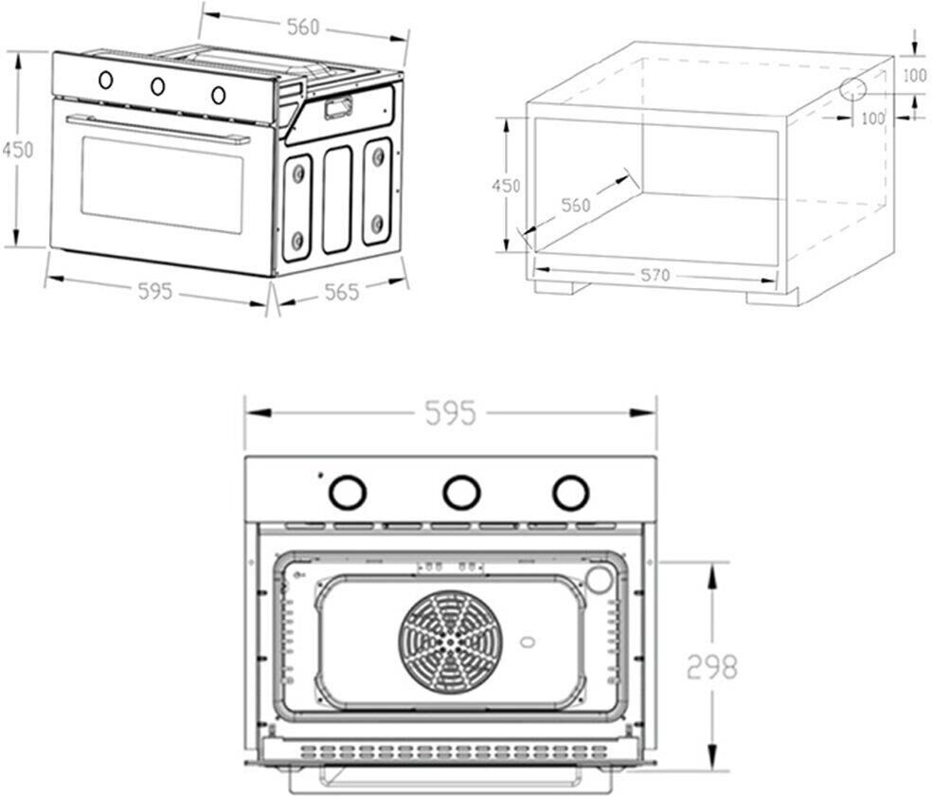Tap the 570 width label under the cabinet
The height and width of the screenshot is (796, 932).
654,275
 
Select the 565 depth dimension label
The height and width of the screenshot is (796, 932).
341,292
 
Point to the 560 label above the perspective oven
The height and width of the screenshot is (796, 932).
303,27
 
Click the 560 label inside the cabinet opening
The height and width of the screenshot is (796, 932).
575,205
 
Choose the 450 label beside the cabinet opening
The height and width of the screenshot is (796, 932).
505,186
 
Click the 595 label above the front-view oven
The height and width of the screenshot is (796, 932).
450,413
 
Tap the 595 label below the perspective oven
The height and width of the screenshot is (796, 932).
155,291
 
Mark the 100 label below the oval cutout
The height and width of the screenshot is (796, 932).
871,118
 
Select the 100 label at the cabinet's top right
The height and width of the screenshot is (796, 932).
914,76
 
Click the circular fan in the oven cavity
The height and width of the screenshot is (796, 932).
448,642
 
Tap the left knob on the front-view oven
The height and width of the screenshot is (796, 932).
347,492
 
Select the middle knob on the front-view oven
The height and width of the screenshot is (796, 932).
461,491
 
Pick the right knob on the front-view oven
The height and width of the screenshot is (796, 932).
570,491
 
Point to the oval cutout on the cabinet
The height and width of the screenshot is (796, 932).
851,90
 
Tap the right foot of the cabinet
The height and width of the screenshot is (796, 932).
772,297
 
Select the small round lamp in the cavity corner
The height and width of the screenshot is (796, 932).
599,578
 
